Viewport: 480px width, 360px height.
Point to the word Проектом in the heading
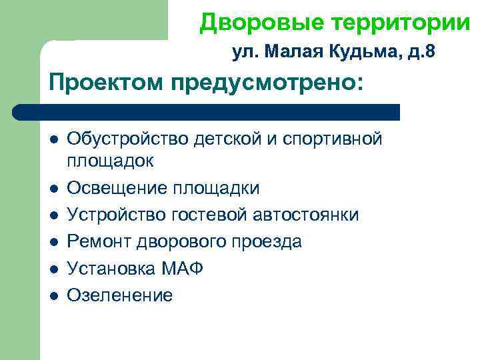click(107, 83)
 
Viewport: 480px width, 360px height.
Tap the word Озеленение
click(119, 295)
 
